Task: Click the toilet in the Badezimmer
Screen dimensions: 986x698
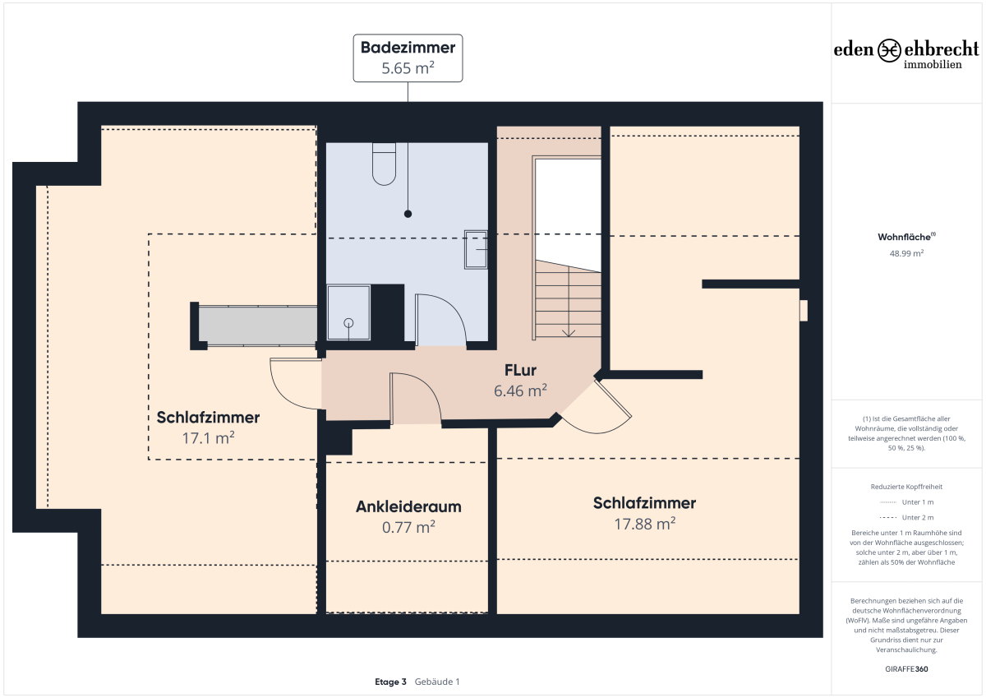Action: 384,164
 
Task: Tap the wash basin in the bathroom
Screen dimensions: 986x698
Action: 476,249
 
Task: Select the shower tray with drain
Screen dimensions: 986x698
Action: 348,312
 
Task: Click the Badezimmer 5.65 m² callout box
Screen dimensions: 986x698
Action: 408,58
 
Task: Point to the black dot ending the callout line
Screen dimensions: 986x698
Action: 408,214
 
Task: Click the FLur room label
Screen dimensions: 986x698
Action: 520,370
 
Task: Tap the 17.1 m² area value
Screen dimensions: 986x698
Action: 208,438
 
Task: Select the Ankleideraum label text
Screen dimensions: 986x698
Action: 408,507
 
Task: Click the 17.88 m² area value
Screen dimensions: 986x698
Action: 645,524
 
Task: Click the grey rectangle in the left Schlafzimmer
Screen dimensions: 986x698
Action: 257,326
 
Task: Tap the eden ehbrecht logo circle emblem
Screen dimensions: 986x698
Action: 889,50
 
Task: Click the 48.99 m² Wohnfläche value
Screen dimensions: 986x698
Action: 907,254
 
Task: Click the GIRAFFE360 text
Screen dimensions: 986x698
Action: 907,669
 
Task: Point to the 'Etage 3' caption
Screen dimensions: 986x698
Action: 390,682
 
